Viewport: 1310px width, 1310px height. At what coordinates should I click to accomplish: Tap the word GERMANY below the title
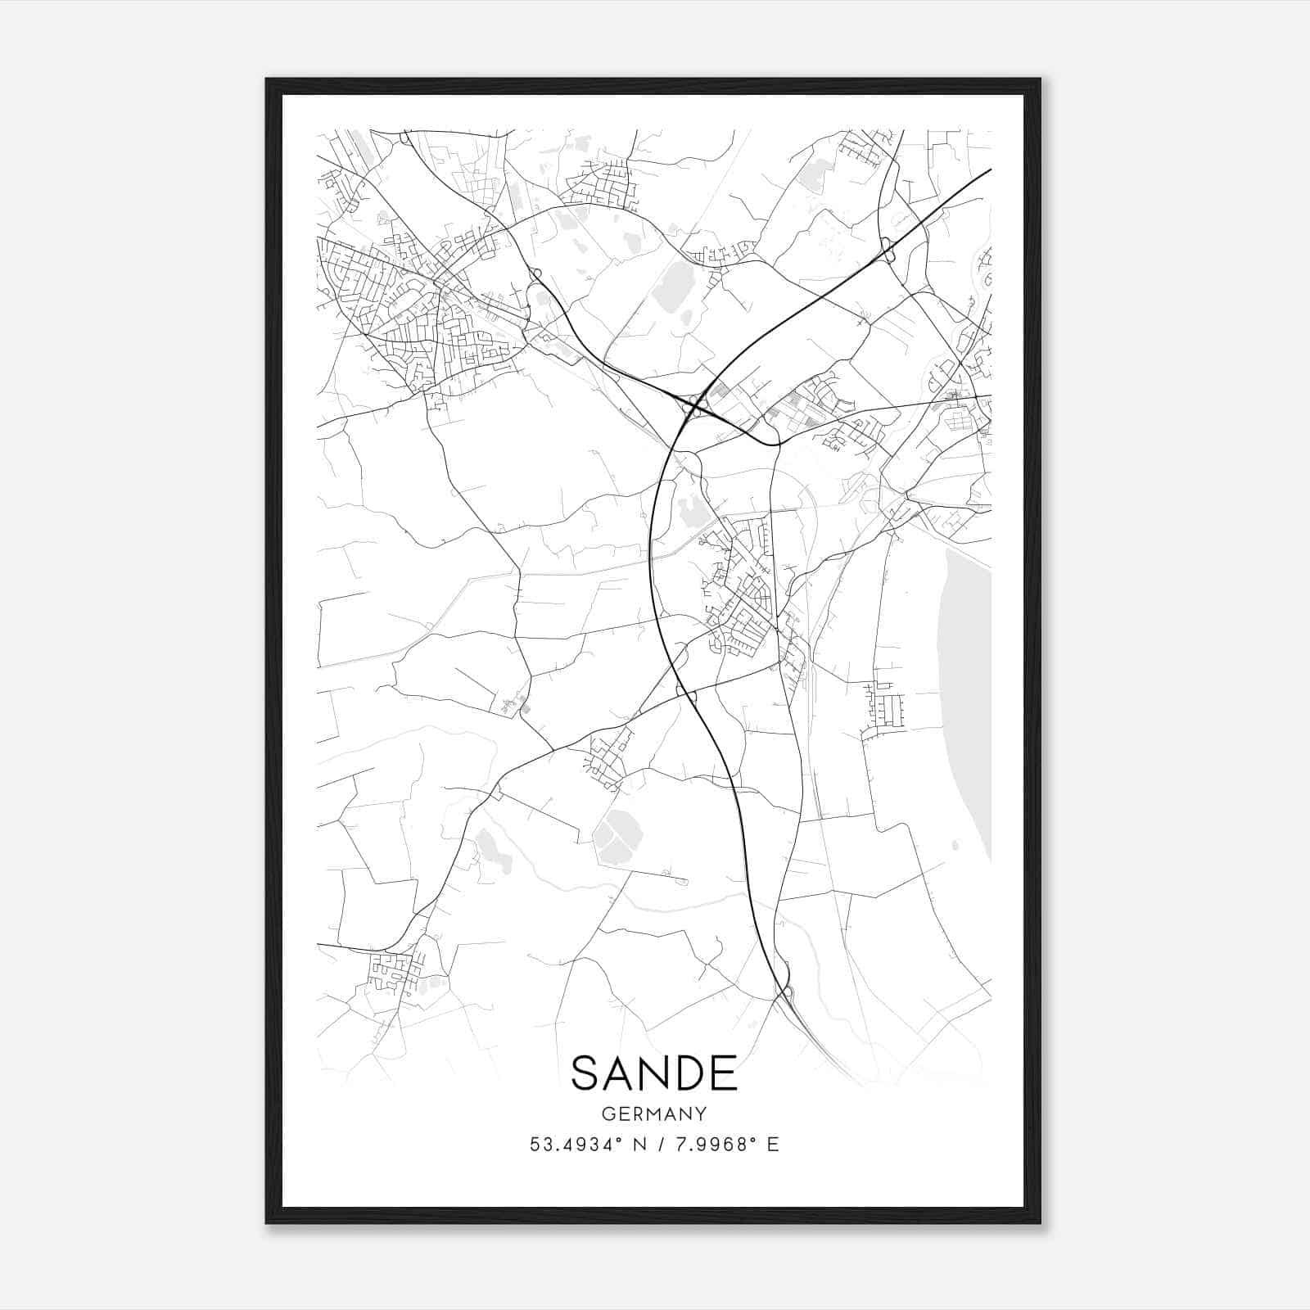coord(654,1113)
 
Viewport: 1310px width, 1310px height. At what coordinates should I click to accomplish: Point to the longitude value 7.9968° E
coord(722,1144)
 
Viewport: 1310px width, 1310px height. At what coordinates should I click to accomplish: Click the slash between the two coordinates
coord(655,1144)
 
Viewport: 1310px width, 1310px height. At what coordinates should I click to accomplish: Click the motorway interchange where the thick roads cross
coord(694,402)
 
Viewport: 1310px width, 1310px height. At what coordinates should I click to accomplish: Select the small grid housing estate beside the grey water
coord(886,706)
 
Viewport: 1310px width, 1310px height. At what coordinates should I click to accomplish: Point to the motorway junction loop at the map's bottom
coord(784,992)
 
